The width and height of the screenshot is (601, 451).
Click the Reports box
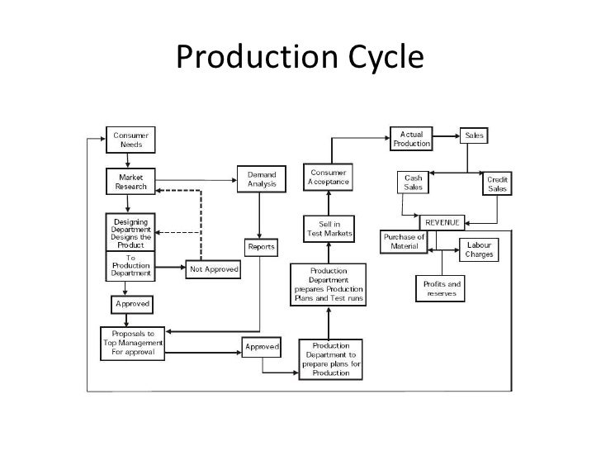pos(262,248)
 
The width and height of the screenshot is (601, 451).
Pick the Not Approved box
pos(214,268)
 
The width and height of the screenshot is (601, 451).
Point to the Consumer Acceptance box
pos(329,177)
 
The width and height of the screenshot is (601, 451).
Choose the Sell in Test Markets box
pos(329,228)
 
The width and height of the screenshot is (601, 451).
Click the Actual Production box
pos(412,138)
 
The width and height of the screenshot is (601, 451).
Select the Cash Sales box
pos(411,183)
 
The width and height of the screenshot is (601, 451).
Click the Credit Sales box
pos(497,184)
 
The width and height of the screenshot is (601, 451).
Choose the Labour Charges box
pos(480,249)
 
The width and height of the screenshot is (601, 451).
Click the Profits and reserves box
pos(442,289)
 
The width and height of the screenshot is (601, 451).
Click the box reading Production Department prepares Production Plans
pos(329,284)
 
